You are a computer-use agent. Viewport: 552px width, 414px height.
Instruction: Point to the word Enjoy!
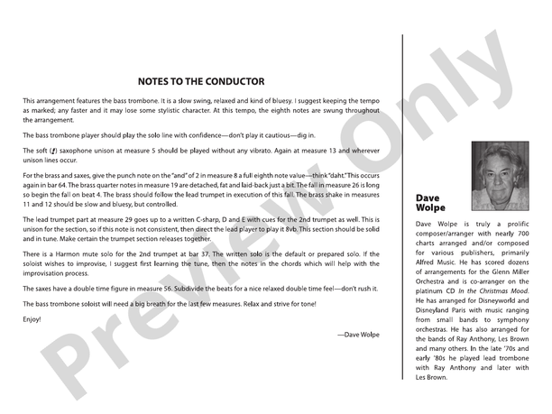click(32, 319)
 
